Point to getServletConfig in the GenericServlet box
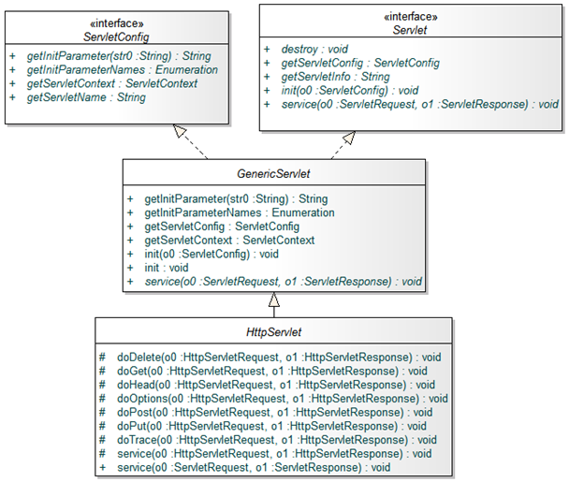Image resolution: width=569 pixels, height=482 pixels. (x=222, y=226)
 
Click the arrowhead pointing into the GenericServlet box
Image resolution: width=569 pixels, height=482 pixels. (x=273, y=299)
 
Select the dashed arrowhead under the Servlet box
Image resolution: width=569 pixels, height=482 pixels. (x=348, y=138)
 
